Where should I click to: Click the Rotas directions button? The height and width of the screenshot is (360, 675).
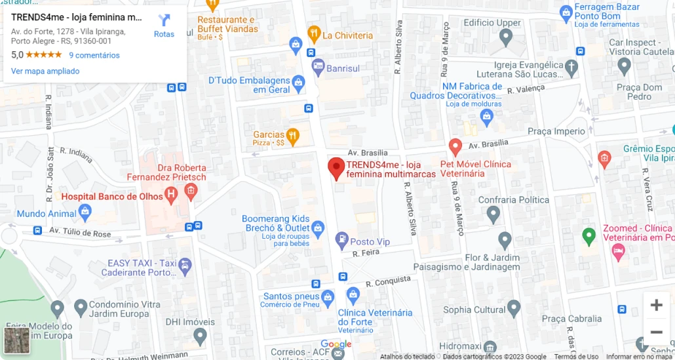(164, 25)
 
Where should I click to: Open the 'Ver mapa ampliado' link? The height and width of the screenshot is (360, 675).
(45, 71)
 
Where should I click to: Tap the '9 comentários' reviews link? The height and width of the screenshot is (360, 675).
(94, 55)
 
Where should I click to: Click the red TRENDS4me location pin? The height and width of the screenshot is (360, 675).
(336, 168)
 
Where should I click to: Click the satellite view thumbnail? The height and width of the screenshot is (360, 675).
(16, 340)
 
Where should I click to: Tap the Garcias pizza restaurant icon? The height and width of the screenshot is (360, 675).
(293, 136)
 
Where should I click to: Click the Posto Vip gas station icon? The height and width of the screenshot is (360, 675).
(341, 240)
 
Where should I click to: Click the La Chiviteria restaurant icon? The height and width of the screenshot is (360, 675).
(314, 33)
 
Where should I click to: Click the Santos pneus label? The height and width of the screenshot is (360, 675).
(292, 296)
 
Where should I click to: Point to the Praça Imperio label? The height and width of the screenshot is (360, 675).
(556, 131)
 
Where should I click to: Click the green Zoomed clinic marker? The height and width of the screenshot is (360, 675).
(589, 235)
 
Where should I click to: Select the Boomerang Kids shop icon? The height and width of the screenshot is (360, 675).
(318, 229)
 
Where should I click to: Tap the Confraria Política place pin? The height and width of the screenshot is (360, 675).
(493, 213)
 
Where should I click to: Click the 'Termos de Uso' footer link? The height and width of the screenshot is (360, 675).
(576, 357)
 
